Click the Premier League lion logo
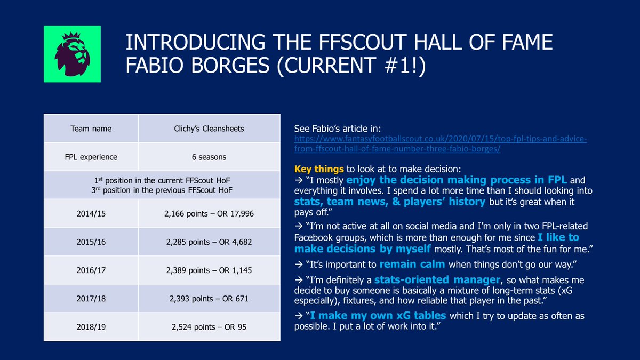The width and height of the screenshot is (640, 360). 72,54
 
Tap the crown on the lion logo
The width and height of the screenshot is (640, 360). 71,36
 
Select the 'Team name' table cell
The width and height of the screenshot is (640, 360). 91,129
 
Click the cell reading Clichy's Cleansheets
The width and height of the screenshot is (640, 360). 209,129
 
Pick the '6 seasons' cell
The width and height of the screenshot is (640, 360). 209,157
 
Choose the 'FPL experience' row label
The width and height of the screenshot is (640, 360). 91,157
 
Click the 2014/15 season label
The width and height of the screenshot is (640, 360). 91,213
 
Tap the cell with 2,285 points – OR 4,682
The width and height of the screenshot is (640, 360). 209,242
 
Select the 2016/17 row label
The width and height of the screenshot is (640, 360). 91,270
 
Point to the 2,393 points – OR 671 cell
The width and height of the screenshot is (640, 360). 209,298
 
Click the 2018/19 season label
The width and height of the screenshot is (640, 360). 91,326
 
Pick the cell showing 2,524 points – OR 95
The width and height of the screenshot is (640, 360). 209,326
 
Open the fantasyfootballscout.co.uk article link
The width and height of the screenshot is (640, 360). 441,143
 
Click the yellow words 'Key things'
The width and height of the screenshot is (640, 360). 319,169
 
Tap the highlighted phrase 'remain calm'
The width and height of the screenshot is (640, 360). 412,265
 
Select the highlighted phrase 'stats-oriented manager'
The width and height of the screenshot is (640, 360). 437,279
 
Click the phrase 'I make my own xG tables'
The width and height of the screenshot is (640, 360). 378,315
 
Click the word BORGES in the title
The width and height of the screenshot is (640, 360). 230,65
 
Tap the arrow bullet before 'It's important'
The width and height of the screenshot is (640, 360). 299,265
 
